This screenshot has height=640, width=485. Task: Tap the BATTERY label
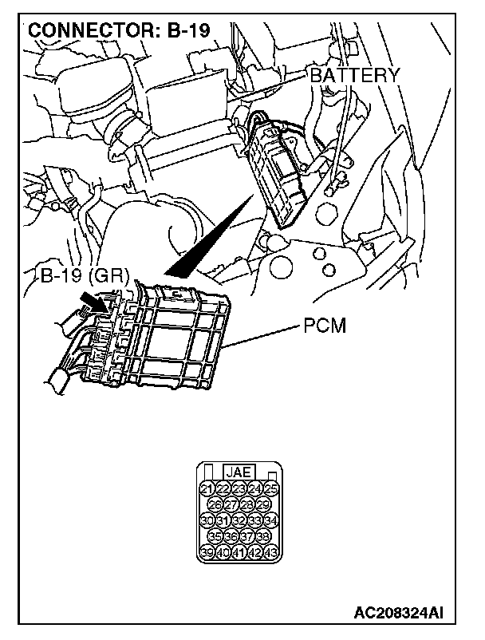(x=353, y=76)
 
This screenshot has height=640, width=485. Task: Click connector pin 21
(x=207, y=488)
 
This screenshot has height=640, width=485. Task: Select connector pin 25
(x=271, y=488)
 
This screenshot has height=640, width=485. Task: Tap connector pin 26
(x=215, y=505)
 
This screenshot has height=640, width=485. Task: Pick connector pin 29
(x=264, y=505)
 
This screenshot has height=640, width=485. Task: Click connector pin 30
(x=207, y=521)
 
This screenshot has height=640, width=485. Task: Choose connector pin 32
(x=239, y=521)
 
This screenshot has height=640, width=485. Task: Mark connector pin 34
(x=271, y=521)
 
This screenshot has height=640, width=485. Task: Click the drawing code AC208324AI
(x=400, y=612)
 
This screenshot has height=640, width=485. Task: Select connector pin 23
(x=239, y=488)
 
